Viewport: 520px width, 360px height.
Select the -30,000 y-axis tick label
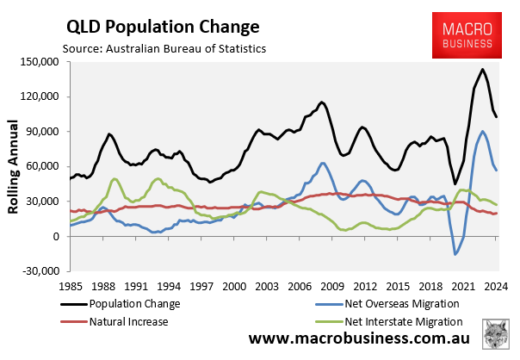pyautogui.click(x=39, y=272)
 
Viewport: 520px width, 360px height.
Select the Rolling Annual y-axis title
pyautogui.click(x=15, y=168)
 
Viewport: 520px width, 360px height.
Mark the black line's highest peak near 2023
pyautogui.click(x=482, y=70)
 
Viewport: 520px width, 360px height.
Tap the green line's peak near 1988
pyautogui.click(x=115, y=179)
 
